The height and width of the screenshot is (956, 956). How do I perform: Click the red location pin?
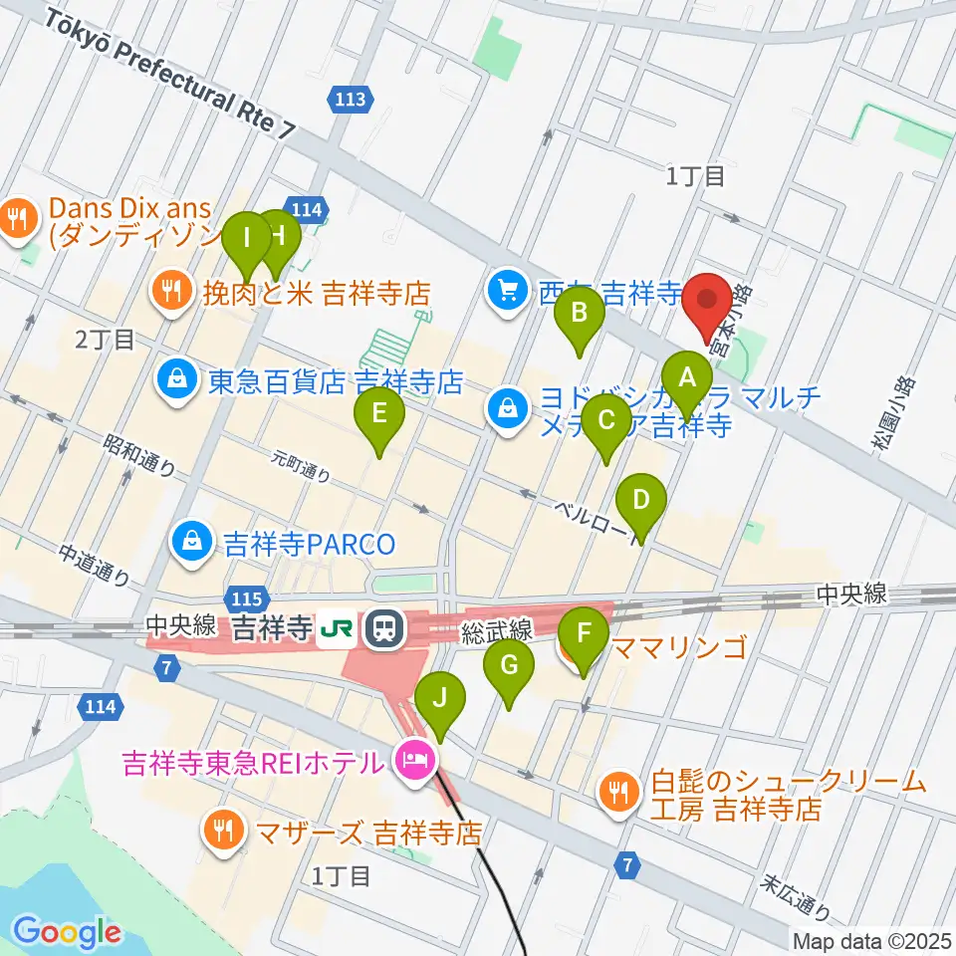pos(708,300)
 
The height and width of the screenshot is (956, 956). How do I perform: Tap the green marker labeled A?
pos(687,379)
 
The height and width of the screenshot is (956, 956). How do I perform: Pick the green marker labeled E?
pos(378,414)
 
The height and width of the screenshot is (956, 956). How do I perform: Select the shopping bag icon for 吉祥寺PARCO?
pos(189,543)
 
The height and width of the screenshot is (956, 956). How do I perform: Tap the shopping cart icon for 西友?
pos(508,291)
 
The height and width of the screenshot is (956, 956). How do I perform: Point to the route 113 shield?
pos(351,98)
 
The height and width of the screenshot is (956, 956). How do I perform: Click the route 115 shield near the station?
pos(247,598)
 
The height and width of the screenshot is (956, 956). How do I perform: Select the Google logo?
pos(67,933)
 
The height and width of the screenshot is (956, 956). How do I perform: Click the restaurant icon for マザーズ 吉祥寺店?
pos(219,830)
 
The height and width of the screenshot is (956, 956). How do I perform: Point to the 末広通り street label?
pos(797,895)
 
